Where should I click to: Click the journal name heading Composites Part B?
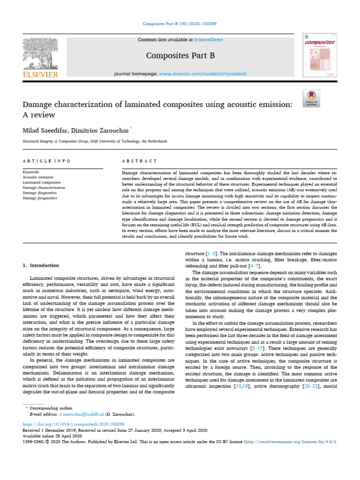(180, 56)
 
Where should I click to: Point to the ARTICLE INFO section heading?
(46, 161)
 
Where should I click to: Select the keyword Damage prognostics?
(40, 198)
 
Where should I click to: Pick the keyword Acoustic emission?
(38, 178)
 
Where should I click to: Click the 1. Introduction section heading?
(41, 266)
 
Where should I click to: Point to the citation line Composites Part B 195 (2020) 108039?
(180, 23)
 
